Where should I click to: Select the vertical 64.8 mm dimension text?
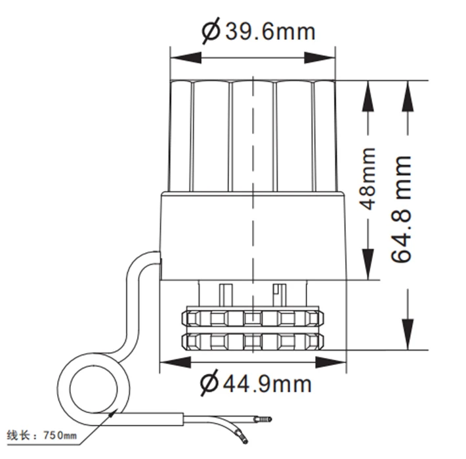pos(402,209)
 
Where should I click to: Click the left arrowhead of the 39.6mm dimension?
pos(177,57)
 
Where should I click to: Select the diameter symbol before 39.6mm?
pos(211,31)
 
